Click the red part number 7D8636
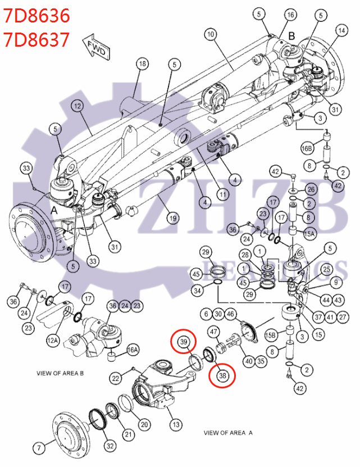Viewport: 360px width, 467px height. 37,16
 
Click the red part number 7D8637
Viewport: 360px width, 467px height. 37,39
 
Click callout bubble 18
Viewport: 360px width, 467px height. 143,64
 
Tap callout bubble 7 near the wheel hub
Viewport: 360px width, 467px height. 39,448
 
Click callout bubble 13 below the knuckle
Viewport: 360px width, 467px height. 176,424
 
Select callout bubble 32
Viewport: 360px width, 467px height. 110,446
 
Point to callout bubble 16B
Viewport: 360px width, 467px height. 307,148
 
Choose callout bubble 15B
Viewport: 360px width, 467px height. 271,335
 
